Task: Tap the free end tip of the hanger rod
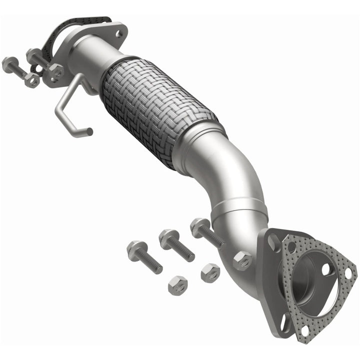pyautogui.click(x=89, y=132)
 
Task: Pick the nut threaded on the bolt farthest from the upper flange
pyautogui.click(x=32, y=79)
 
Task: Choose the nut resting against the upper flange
pyautogui.click(x=56, y=71)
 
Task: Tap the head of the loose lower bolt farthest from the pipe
pyautogui.click(x=135, y=248)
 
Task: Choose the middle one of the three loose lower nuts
pyautogui.click(x=210, y=272)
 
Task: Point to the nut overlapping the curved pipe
pyautogui.click(x=243, y=260)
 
